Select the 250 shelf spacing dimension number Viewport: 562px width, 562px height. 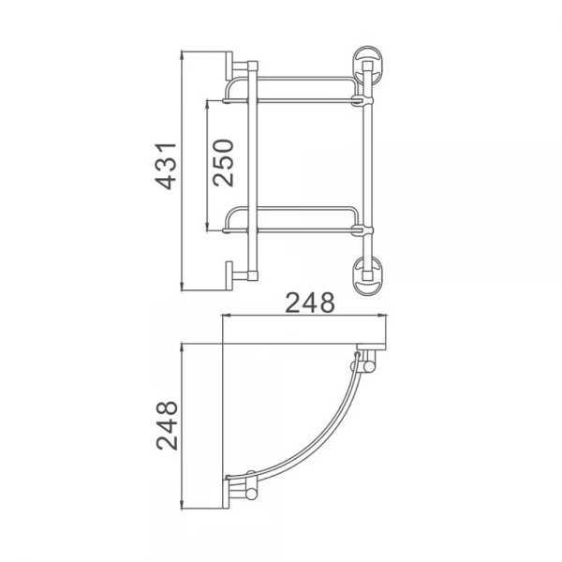pyautogui.click(x=224, y=163)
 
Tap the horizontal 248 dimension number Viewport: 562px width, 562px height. pyautogui.click(x=310, y=302)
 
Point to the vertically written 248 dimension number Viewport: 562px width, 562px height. pyautogui.click(x=166, y=427)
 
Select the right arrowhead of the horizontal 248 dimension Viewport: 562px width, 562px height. pyautogui.click(x=393, y=317)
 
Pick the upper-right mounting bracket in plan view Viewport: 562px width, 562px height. pyautogui.click(x=363, y=362)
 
